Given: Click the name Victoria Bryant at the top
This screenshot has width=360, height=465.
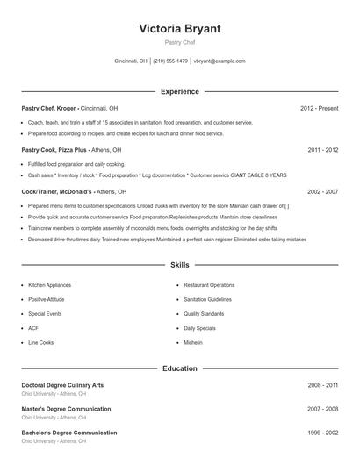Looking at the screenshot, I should (179, 29).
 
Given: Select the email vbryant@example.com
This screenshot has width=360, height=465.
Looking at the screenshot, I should (220, 61).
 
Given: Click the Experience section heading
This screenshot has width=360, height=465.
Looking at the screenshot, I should (179, 91).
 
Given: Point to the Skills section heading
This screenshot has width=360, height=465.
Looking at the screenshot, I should (179, 264).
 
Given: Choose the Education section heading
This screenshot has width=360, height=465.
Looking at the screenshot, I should (179, 368).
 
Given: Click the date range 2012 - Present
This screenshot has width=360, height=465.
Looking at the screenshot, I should (319, 108).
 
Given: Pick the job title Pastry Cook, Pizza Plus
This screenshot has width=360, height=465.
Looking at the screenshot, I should (55, 150).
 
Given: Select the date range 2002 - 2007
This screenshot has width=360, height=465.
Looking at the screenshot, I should (322, 191).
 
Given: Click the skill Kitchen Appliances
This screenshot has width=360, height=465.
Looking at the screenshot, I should (48, 285).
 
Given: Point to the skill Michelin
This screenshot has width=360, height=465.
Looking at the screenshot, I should (193, 342).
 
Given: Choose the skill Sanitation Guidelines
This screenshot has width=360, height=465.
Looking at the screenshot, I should (207, 299).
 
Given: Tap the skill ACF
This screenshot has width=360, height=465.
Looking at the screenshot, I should (33, 328).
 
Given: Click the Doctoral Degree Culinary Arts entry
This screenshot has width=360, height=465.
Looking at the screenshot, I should (62, 385).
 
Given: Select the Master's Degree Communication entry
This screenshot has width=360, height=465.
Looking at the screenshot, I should (66, 409).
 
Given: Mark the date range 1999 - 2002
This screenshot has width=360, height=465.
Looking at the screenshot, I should (322, 433).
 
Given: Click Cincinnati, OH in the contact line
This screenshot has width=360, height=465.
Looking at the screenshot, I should (131, 61).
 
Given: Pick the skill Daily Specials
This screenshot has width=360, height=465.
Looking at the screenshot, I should (199, 328).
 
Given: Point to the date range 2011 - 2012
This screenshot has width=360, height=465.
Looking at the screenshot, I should (322, 150).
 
